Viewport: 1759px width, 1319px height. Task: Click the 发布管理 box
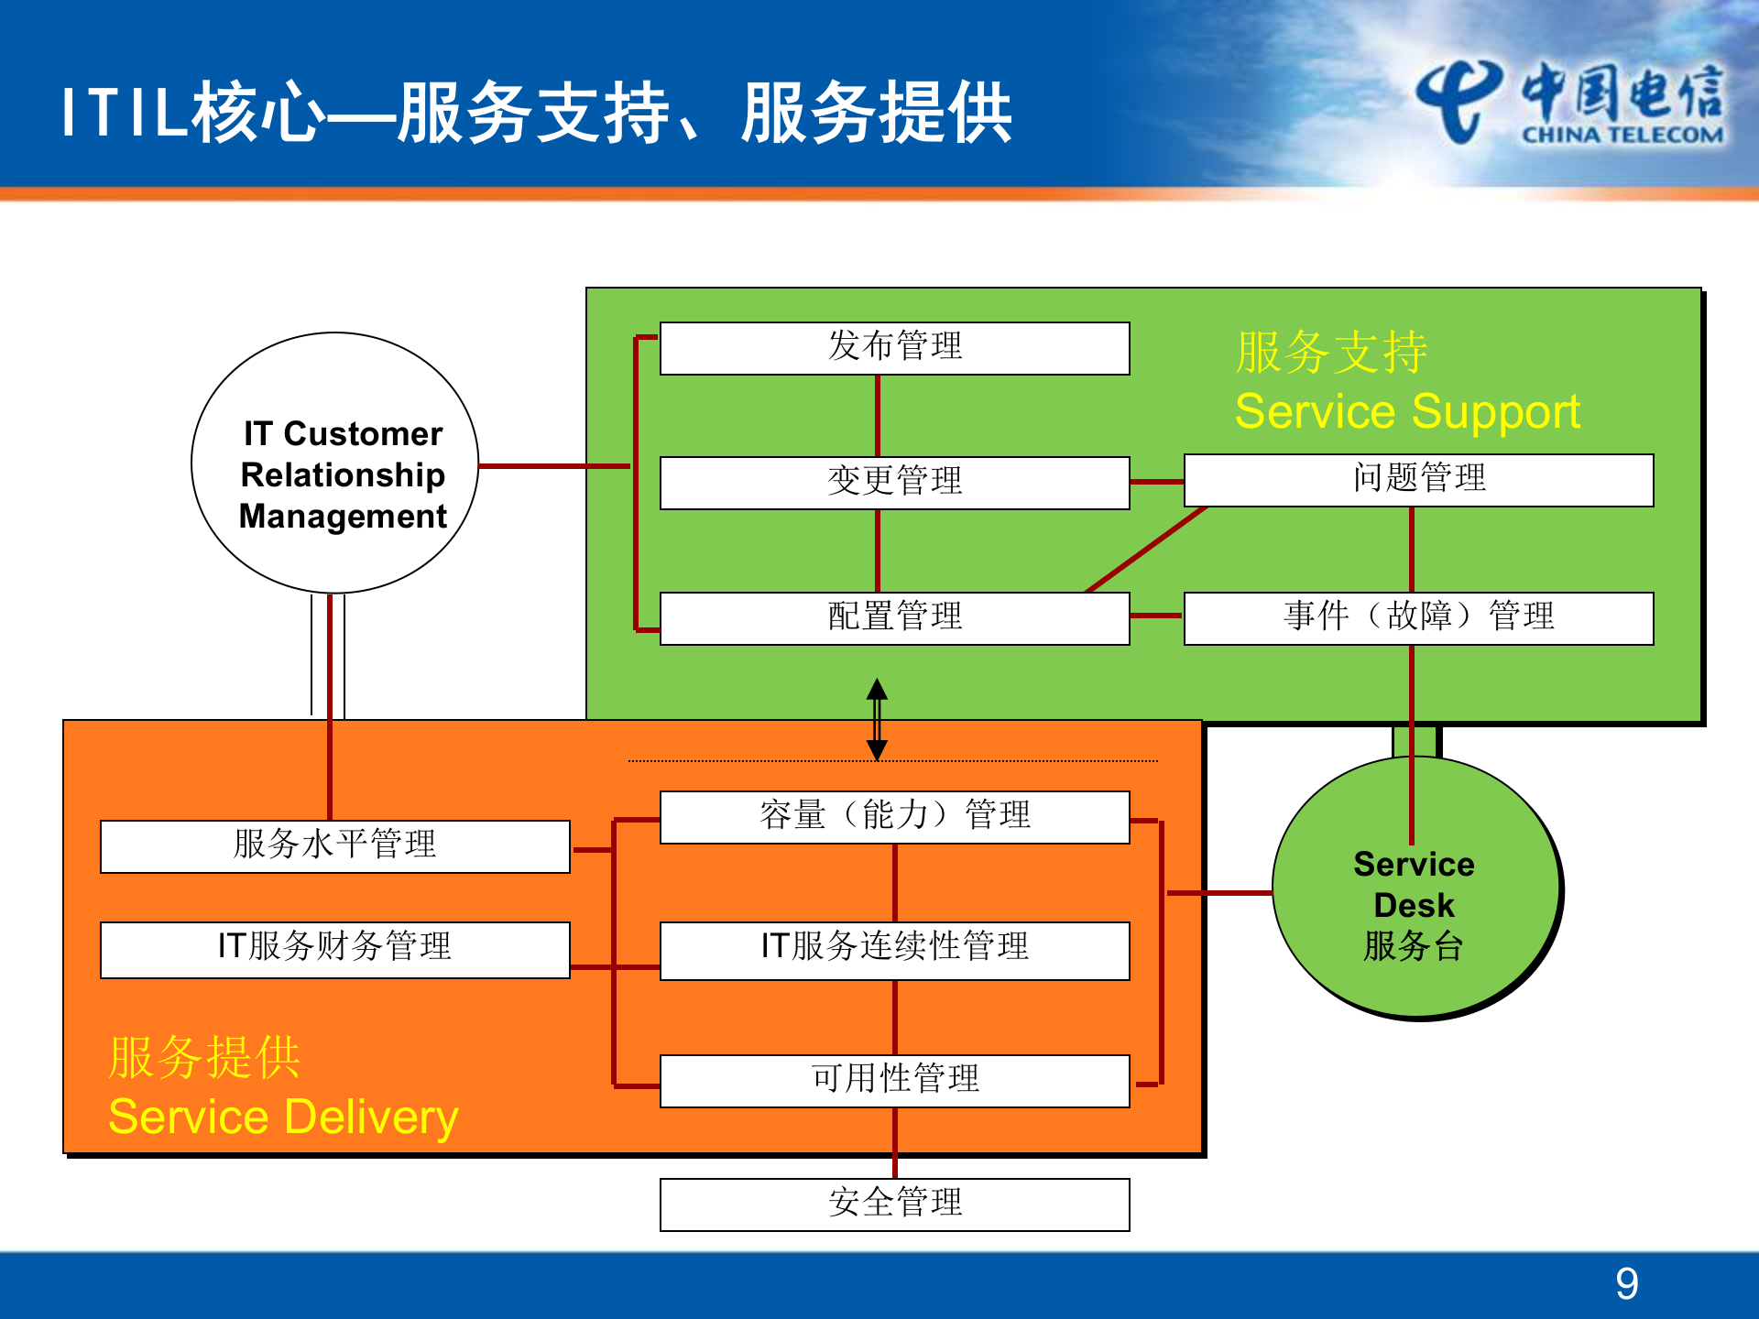point(894,348)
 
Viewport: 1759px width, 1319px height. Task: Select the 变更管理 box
point(894,483)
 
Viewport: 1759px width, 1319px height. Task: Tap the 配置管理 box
point(894,618)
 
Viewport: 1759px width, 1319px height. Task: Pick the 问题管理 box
point(1418,480)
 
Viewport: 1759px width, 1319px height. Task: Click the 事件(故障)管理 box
point(1418,618)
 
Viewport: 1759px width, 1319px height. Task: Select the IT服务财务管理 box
point(335,949)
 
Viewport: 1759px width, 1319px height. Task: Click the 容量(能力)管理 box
point(894,817)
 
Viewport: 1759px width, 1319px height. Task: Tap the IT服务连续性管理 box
point(894,950)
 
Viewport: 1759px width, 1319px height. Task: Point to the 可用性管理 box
point(894,1081)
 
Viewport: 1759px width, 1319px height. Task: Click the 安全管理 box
point(894,1205)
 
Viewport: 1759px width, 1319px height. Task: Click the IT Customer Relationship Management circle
point(335,463)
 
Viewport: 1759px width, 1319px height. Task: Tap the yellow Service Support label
point(1407,411)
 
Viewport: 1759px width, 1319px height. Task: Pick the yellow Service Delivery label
point(283,1117)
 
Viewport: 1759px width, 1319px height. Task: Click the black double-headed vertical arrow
point(877,719)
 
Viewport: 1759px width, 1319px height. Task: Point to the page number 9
point(1626,1283)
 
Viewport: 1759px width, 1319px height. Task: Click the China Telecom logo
point(1568,104)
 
